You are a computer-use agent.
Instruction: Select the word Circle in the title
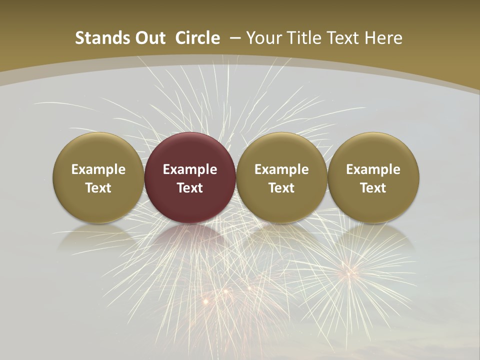point(197,38)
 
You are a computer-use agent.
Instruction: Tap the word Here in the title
point(385,38)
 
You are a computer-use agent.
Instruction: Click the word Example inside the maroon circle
point(190,169)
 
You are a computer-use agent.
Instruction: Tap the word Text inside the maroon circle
point(190,188)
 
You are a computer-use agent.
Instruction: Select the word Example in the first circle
point(98,169)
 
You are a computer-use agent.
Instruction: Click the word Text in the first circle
point(98,188)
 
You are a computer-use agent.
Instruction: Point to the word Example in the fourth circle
point(373,169)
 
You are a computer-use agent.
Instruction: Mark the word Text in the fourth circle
point(373,188)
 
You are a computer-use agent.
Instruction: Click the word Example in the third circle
point(281,169)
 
